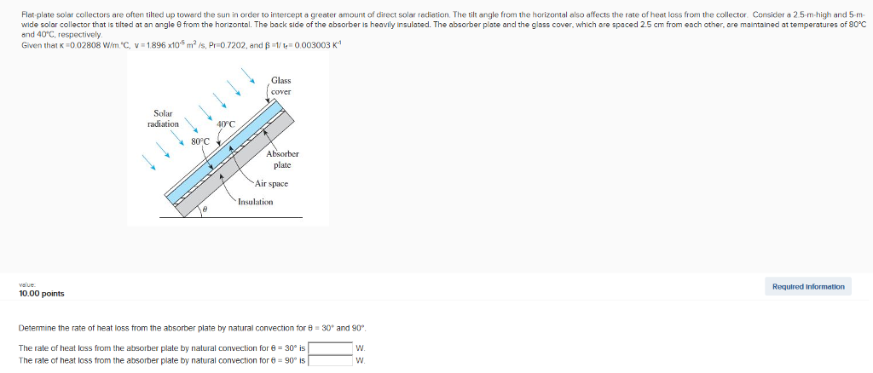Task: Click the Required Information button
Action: pos(807,287)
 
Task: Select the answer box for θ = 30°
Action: pos(330,348)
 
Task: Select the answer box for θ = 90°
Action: pos(330,360)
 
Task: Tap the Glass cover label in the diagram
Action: pos(280,86)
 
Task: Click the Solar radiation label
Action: pos(163,118)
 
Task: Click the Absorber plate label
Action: pos(282,159)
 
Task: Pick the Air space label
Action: pos(271,183)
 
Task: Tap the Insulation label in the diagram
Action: pos(255,202)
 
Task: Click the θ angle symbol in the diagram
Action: pos(205,208)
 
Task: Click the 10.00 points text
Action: pos(42,294)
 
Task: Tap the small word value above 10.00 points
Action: pos(26,285)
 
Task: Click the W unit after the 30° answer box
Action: pos(360,348)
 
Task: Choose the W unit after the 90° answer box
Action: pos(360,360)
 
